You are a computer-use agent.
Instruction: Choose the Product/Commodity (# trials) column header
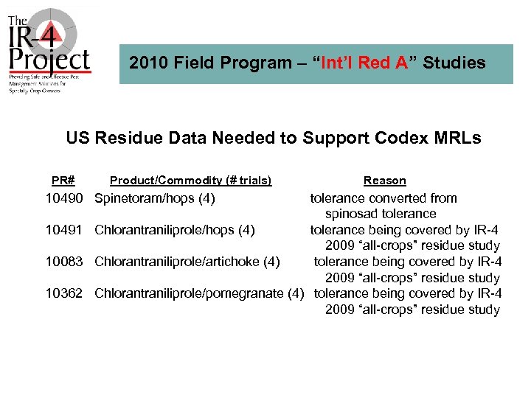click(190, 181)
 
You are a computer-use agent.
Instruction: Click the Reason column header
click(384, 181)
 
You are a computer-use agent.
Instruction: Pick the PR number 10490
click(66, 198)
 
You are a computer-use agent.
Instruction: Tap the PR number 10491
click(66, 230)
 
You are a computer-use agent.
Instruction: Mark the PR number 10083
click(66, 262)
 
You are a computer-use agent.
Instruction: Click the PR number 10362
click(66, 293)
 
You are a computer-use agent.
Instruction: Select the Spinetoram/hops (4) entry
click(154, 198)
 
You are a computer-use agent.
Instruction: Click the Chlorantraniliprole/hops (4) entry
click(174, 230)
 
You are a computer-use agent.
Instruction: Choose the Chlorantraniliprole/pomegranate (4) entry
click(199, 293)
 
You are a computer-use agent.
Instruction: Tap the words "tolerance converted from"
click(383, 198)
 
